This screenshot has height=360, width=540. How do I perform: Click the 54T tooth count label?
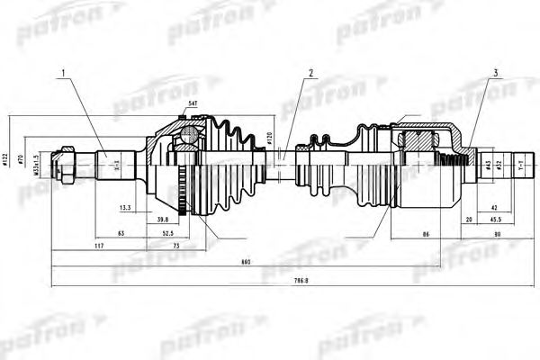193,105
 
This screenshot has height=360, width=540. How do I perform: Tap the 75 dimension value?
176,244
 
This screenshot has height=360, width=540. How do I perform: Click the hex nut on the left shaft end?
66,166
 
